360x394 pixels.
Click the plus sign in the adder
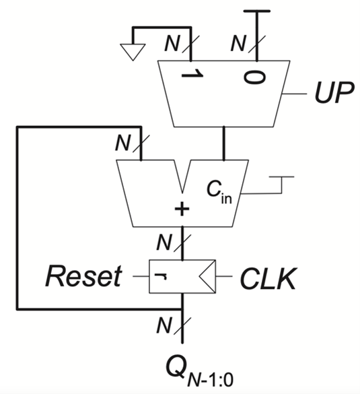[x=182, y=211]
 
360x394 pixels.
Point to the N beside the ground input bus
[x=173, y=45]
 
